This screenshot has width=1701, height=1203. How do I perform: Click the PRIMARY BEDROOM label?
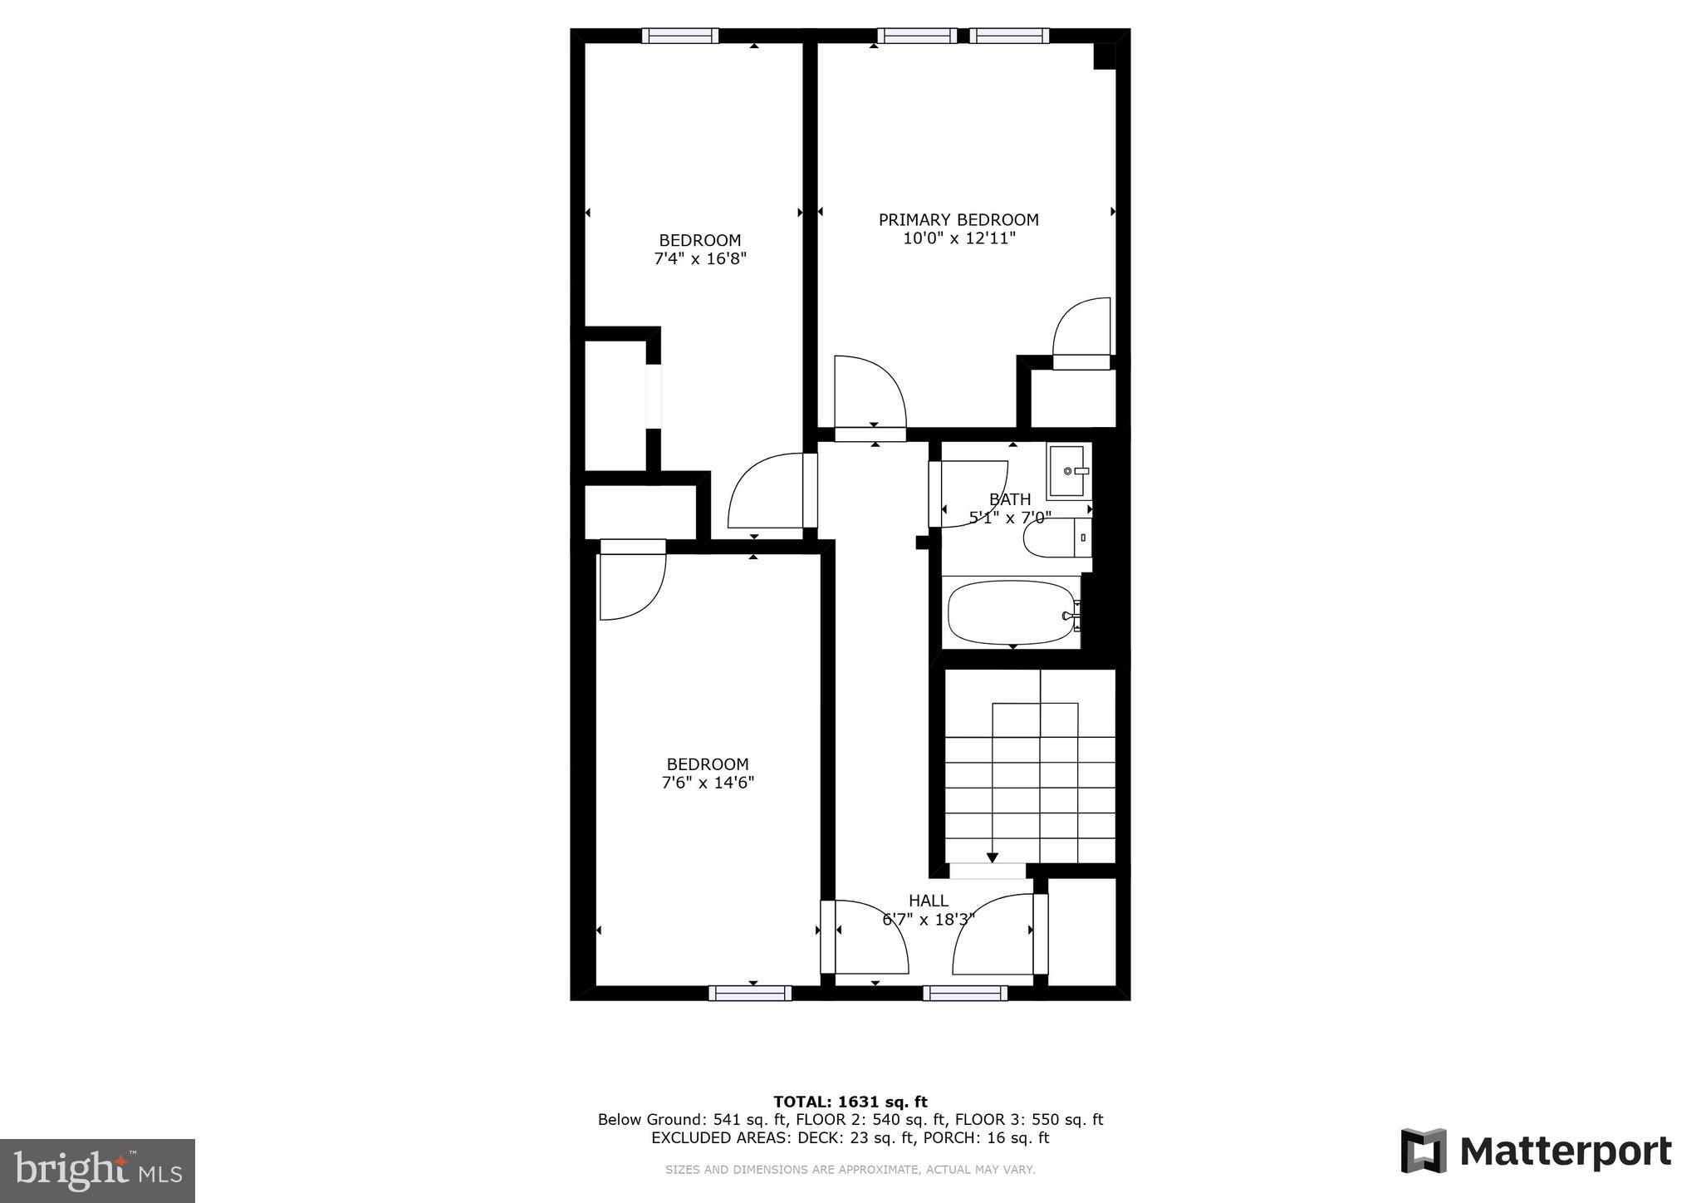pos(958,220)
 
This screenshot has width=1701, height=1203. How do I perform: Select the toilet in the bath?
pos(1053,538)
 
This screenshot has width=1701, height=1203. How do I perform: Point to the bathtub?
pos(1010,613)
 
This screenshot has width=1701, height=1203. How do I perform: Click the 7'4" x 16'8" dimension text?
pos(700,259)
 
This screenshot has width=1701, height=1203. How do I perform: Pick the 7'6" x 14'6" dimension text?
pos(708,783)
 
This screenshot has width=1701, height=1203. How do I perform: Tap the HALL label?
pos(928,901)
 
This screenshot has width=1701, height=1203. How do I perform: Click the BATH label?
pos(1010,499)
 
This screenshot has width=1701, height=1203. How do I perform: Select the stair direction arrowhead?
pos(992,858)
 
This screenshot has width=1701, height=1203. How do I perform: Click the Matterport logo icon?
pos(1424,1151)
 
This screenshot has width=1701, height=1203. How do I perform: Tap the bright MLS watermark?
pos(97,1170)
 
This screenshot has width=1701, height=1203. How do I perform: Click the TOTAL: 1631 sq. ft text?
pos(850,1102)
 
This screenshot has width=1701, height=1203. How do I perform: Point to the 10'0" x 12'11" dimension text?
pos(959,238)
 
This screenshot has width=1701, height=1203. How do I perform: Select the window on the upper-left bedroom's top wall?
pos(680,36)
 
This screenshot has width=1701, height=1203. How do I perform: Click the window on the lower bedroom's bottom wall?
pos(750,993)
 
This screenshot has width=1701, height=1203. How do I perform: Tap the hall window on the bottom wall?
pos(965,993)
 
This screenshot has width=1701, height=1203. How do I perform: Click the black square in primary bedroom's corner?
pos(1104,56)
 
